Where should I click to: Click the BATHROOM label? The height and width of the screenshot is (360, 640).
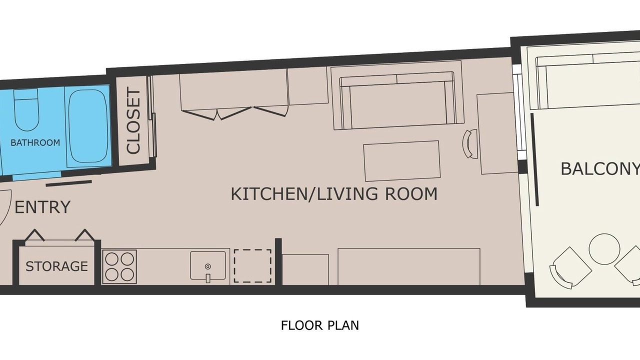tap(35, 142)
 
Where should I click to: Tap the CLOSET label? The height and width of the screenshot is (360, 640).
tap(133, 120)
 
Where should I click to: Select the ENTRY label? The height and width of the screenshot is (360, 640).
tap(42, 207)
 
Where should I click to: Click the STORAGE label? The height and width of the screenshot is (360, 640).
tap(56, 266)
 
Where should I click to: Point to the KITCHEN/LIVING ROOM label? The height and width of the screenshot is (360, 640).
tap(334, 194)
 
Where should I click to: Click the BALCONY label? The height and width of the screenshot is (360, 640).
tap(600, 168)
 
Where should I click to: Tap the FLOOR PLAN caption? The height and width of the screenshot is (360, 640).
tap(320, 325)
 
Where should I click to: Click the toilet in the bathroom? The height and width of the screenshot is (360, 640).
tap(26, 110)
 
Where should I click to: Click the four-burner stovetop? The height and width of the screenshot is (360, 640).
tap(119, 267)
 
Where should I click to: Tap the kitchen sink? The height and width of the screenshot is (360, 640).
tap(208, 266)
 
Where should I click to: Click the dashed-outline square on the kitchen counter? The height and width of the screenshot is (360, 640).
tap(252, 266)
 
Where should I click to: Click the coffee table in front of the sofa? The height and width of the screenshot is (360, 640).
tap(402, 161)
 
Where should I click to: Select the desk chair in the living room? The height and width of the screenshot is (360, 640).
tap(470, 143)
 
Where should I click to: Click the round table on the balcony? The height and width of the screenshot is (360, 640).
tap(604, 249)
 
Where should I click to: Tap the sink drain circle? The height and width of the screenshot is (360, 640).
tap(208, 266)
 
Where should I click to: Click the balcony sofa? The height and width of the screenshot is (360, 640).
tap(588, 83)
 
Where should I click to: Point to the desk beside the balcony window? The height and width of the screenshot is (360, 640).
tap(497, 133)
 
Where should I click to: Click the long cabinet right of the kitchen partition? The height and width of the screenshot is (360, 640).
tap(409, 266)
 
